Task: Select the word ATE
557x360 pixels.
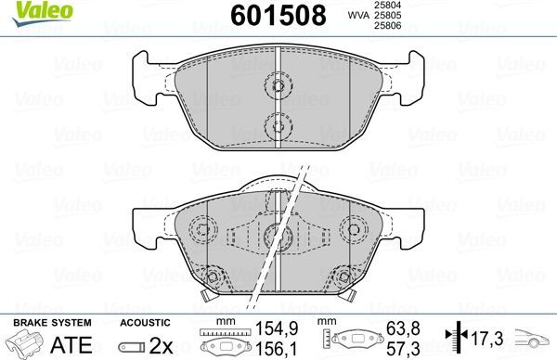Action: click(79, 344)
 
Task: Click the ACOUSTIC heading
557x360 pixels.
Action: click(149, 321)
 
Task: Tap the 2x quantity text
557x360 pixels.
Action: click(166, 344)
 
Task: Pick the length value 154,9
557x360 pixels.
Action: click(270, 328)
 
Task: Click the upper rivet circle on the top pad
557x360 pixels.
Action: click(278, 86)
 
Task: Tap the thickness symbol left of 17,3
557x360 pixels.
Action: click(454, 336)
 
